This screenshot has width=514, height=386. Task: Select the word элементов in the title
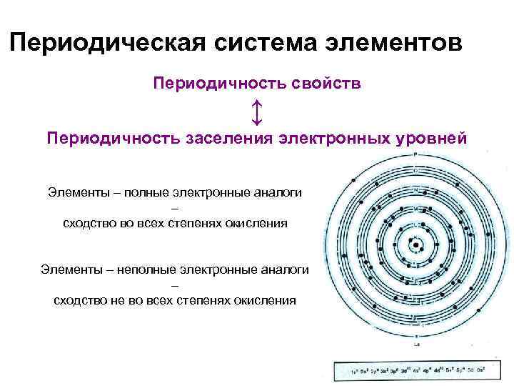pyautogui.click(x=390, y=42)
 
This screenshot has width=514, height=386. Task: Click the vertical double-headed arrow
pyautogui.click(x=257, y=112)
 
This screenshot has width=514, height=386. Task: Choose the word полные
pyautogui.click(x=131, y=193)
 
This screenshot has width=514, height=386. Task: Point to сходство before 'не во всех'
pyautogui.click(x=79, y=300)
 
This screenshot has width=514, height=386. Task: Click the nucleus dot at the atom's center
pyautogui.click(x=415, y=245)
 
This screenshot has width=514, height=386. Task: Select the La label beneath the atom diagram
pyautogui.click(x=415, y=345)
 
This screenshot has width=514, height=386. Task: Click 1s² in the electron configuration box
pyautogui.click(x=355, y=372)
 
